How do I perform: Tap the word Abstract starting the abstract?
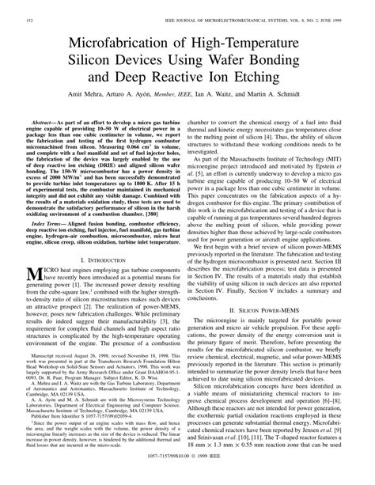pyautogui.click(x=47, y=124)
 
